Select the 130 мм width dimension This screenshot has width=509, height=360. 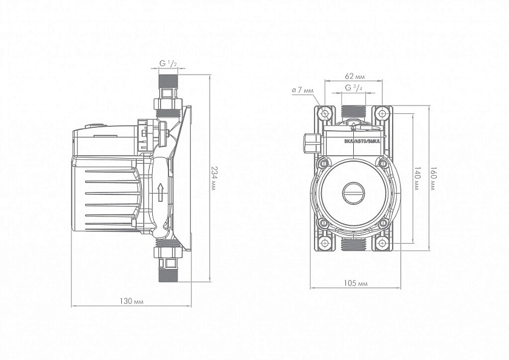131,301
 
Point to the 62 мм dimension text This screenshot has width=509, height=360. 354,76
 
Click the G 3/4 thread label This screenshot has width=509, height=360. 354,88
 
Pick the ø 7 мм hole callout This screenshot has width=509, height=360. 302,90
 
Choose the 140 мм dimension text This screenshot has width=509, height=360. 417,179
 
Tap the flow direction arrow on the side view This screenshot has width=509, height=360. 160,192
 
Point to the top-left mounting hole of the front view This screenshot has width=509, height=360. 325,113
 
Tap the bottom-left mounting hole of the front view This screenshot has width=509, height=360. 325,244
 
